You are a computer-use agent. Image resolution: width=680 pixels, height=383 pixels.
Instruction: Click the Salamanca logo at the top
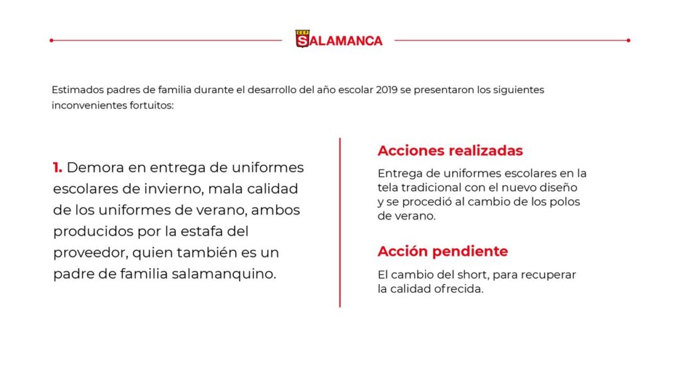339,40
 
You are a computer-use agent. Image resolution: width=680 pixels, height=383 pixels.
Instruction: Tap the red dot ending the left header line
51,40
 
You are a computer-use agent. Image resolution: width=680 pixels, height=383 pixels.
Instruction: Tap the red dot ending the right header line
628,40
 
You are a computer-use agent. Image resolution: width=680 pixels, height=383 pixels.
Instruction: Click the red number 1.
57,168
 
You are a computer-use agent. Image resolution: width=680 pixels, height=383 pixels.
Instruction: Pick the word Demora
96,168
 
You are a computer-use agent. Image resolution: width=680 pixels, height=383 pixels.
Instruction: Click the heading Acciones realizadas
450,150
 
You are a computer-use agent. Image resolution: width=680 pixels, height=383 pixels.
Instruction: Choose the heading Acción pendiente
443,251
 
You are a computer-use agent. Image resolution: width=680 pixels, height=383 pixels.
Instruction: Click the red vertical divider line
340,222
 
